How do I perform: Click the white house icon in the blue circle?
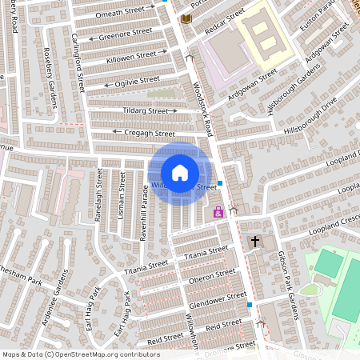pos(180,172)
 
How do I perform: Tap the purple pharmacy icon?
pos(218,212)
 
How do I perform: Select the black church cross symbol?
pos(255,241)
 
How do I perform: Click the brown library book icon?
pos(186,18)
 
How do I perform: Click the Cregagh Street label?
pos(149,133)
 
